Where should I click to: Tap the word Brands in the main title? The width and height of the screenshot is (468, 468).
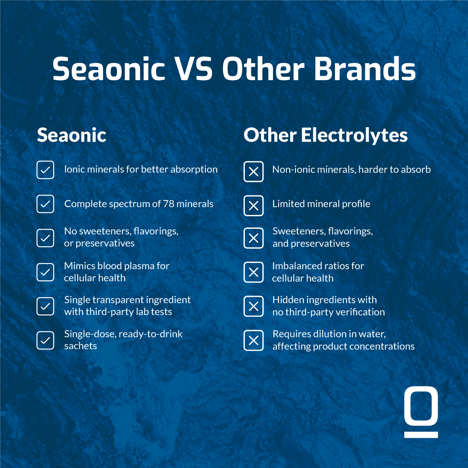(x=364, y=68)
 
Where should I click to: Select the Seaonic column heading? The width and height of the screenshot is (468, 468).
(x=71, y=135)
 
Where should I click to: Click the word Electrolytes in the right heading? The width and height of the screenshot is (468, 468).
(x=354, y=135)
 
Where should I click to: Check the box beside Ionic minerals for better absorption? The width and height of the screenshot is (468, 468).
(x=45, y=170)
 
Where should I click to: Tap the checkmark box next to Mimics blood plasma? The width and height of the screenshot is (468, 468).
(x=45, y=272)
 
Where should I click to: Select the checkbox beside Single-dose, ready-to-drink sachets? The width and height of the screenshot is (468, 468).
(x=45, y=340)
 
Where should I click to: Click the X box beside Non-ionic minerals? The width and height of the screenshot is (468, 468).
(x=253, y=172)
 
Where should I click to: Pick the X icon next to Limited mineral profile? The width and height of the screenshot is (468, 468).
(x=253, y=206)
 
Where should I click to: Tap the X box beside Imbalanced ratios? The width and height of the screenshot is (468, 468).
(x=253, y=272)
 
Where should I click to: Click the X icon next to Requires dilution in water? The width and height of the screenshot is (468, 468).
(x=253, y=340)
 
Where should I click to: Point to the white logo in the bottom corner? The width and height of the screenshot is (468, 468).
(x=421, y=412)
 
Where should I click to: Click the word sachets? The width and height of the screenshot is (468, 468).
(x=81, y=346)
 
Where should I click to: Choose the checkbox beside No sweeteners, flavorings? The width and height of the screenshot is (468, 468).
(x=45, y=238)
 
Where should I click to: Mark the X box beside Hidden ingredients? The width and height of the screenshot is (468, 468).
(x=253, y=306)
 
